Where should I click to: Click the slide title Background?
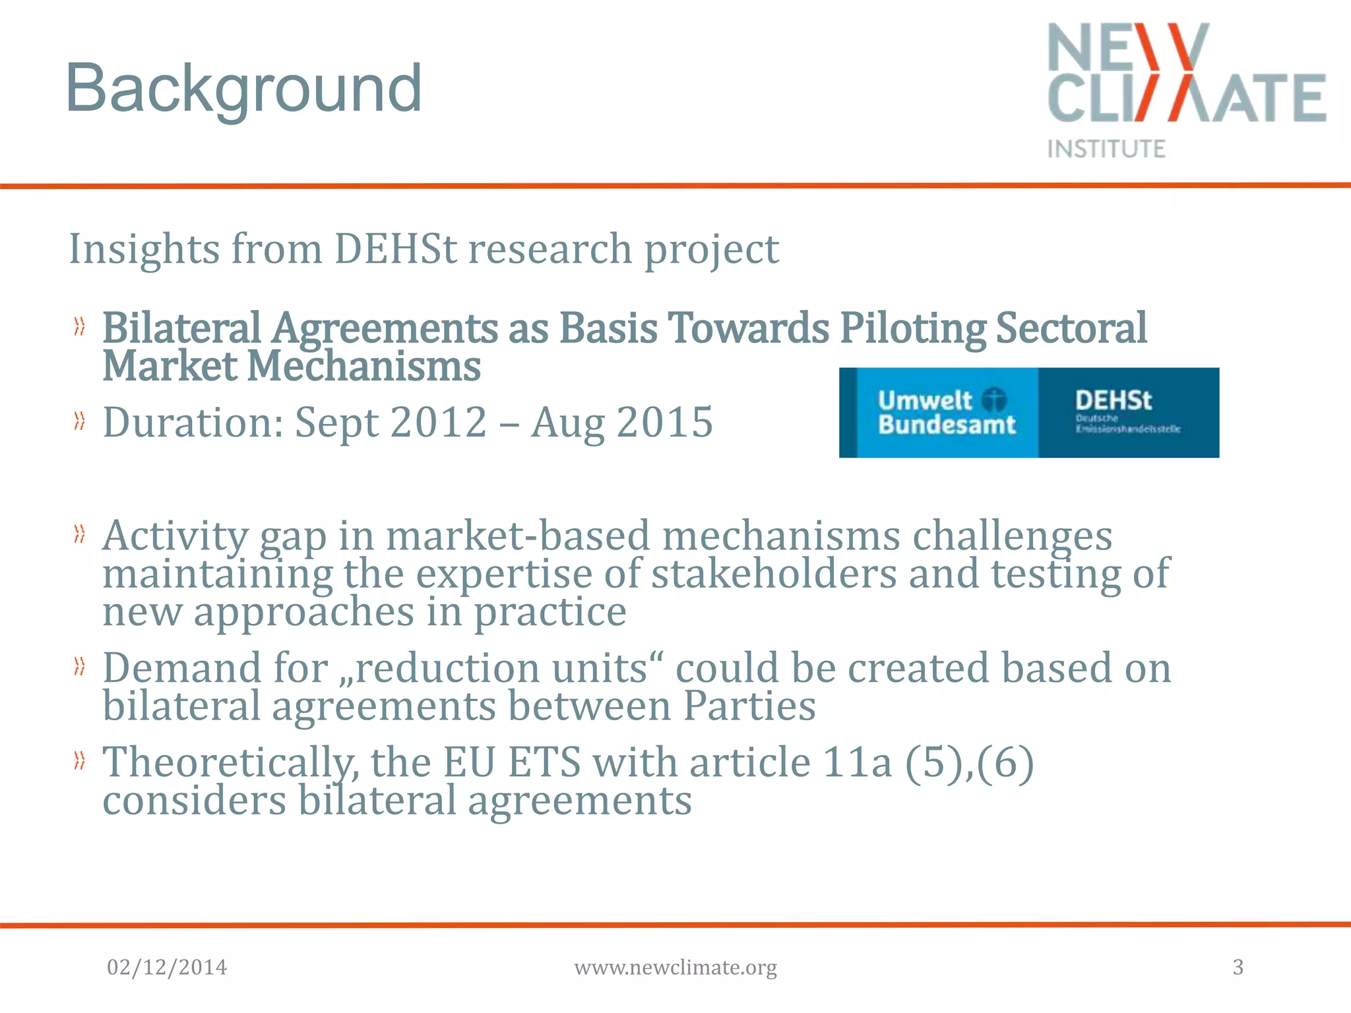click(243, 88)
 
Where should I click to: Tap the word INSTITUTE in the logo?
click(1106, 149)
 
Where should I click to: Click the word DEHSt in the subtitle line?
click(395, 249)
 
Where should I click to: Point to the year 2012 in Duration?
click(439, 422)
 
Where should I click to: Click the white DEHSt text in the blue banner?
click(1113, 400)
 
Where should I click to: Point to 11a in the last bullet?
click(857, 763)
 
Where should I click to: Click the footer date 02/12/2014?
click(167, 967)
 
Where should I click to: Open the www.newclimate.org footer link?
click(675, 967)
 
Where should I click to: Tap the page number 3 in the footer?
click(1238, 967)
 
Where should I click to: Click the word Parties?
click(749, 706)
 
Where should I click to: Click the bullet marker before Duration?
click(80, 421)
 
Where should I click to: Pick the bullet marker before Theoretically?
click(80, 761)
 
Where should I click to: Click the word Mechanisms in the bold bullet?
click(363, 367)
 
